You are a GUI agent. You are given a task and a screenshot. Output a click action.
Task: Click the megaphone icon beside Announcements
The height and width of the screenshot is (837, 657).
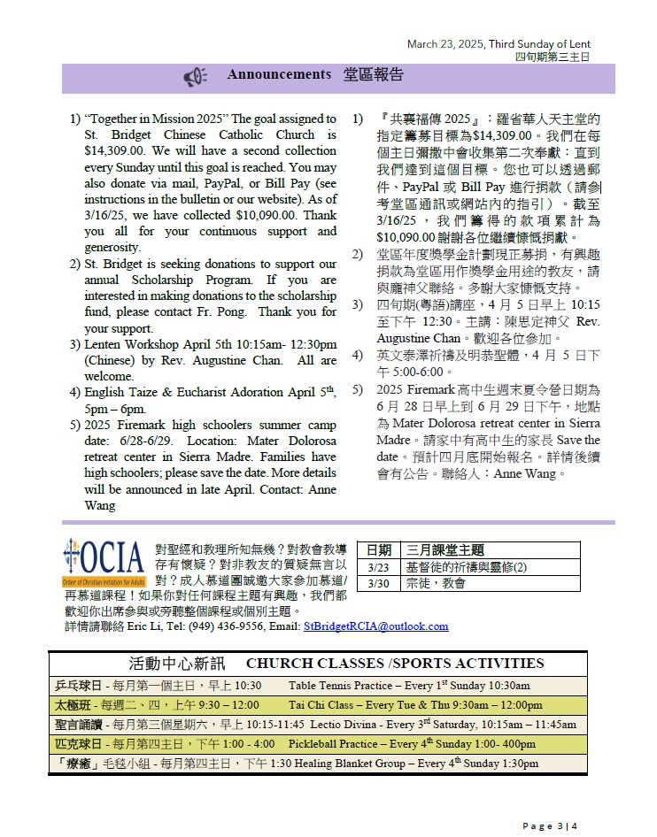[195, 77]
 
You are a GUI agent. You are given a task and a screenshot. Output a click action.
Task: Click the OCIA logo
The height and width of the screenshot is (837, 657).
[104, 559]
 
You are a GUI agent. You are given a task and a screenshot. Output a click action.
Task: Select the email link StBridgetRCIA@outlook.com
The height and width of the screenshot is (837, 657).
[375, 626]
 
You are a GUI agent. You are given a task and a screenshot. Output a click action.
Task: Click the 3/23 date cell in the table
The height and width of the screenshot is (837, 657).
[378, 567]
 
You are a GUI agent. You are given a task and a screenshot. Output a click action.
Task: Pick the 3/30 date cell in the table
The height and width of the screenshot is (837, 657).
[378, 583]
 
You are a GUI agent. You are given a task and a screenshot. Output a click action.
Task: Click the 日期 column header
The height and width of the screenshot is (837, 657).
[379, 550]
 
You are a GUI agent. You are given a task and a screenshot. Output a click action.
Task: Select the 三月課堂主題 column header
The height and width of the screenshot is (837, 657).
[445, 550]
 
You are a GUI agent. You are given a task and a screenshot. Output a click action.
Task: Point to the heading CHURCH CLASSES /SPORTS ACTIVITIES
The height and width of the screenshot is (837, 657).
[395, 664]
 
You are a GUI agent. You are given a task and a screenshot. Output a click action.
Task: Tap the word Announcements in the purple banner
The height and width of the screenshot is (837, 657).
[279, 74]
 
